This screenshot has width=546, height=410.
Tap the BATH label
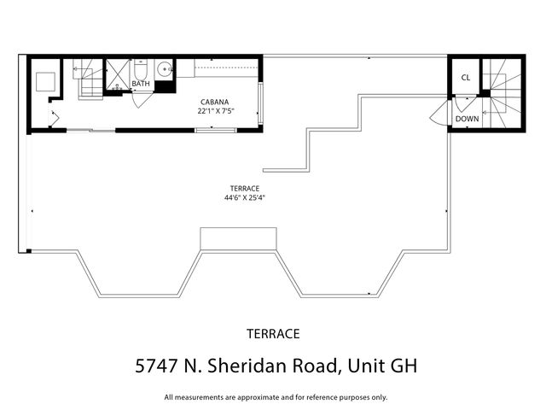click(x=141, y=84)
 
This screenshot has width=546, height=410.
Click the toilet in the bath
click(x=142, y=68)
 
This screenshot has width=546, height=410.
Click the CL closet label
click(x=465, y=78)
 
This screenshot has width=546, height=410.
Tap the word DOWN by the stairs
click(x=467, y=119)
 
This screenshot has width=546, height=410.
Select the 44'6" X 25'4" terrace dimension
click(x=244, y=197)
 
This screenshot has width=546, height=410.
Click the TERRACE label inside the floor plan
click(x=244, y=188)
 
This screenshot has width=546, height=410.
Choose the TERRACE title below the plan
click(x=273, y=333)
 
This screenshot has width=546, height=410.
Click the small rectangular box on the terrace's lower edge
click(x=238, y=237)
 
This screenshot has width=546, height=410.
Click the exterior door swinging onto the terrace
click(x=442, y=112)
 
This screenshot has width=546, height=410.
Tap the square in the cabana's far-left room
click(x=44, y=82)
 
